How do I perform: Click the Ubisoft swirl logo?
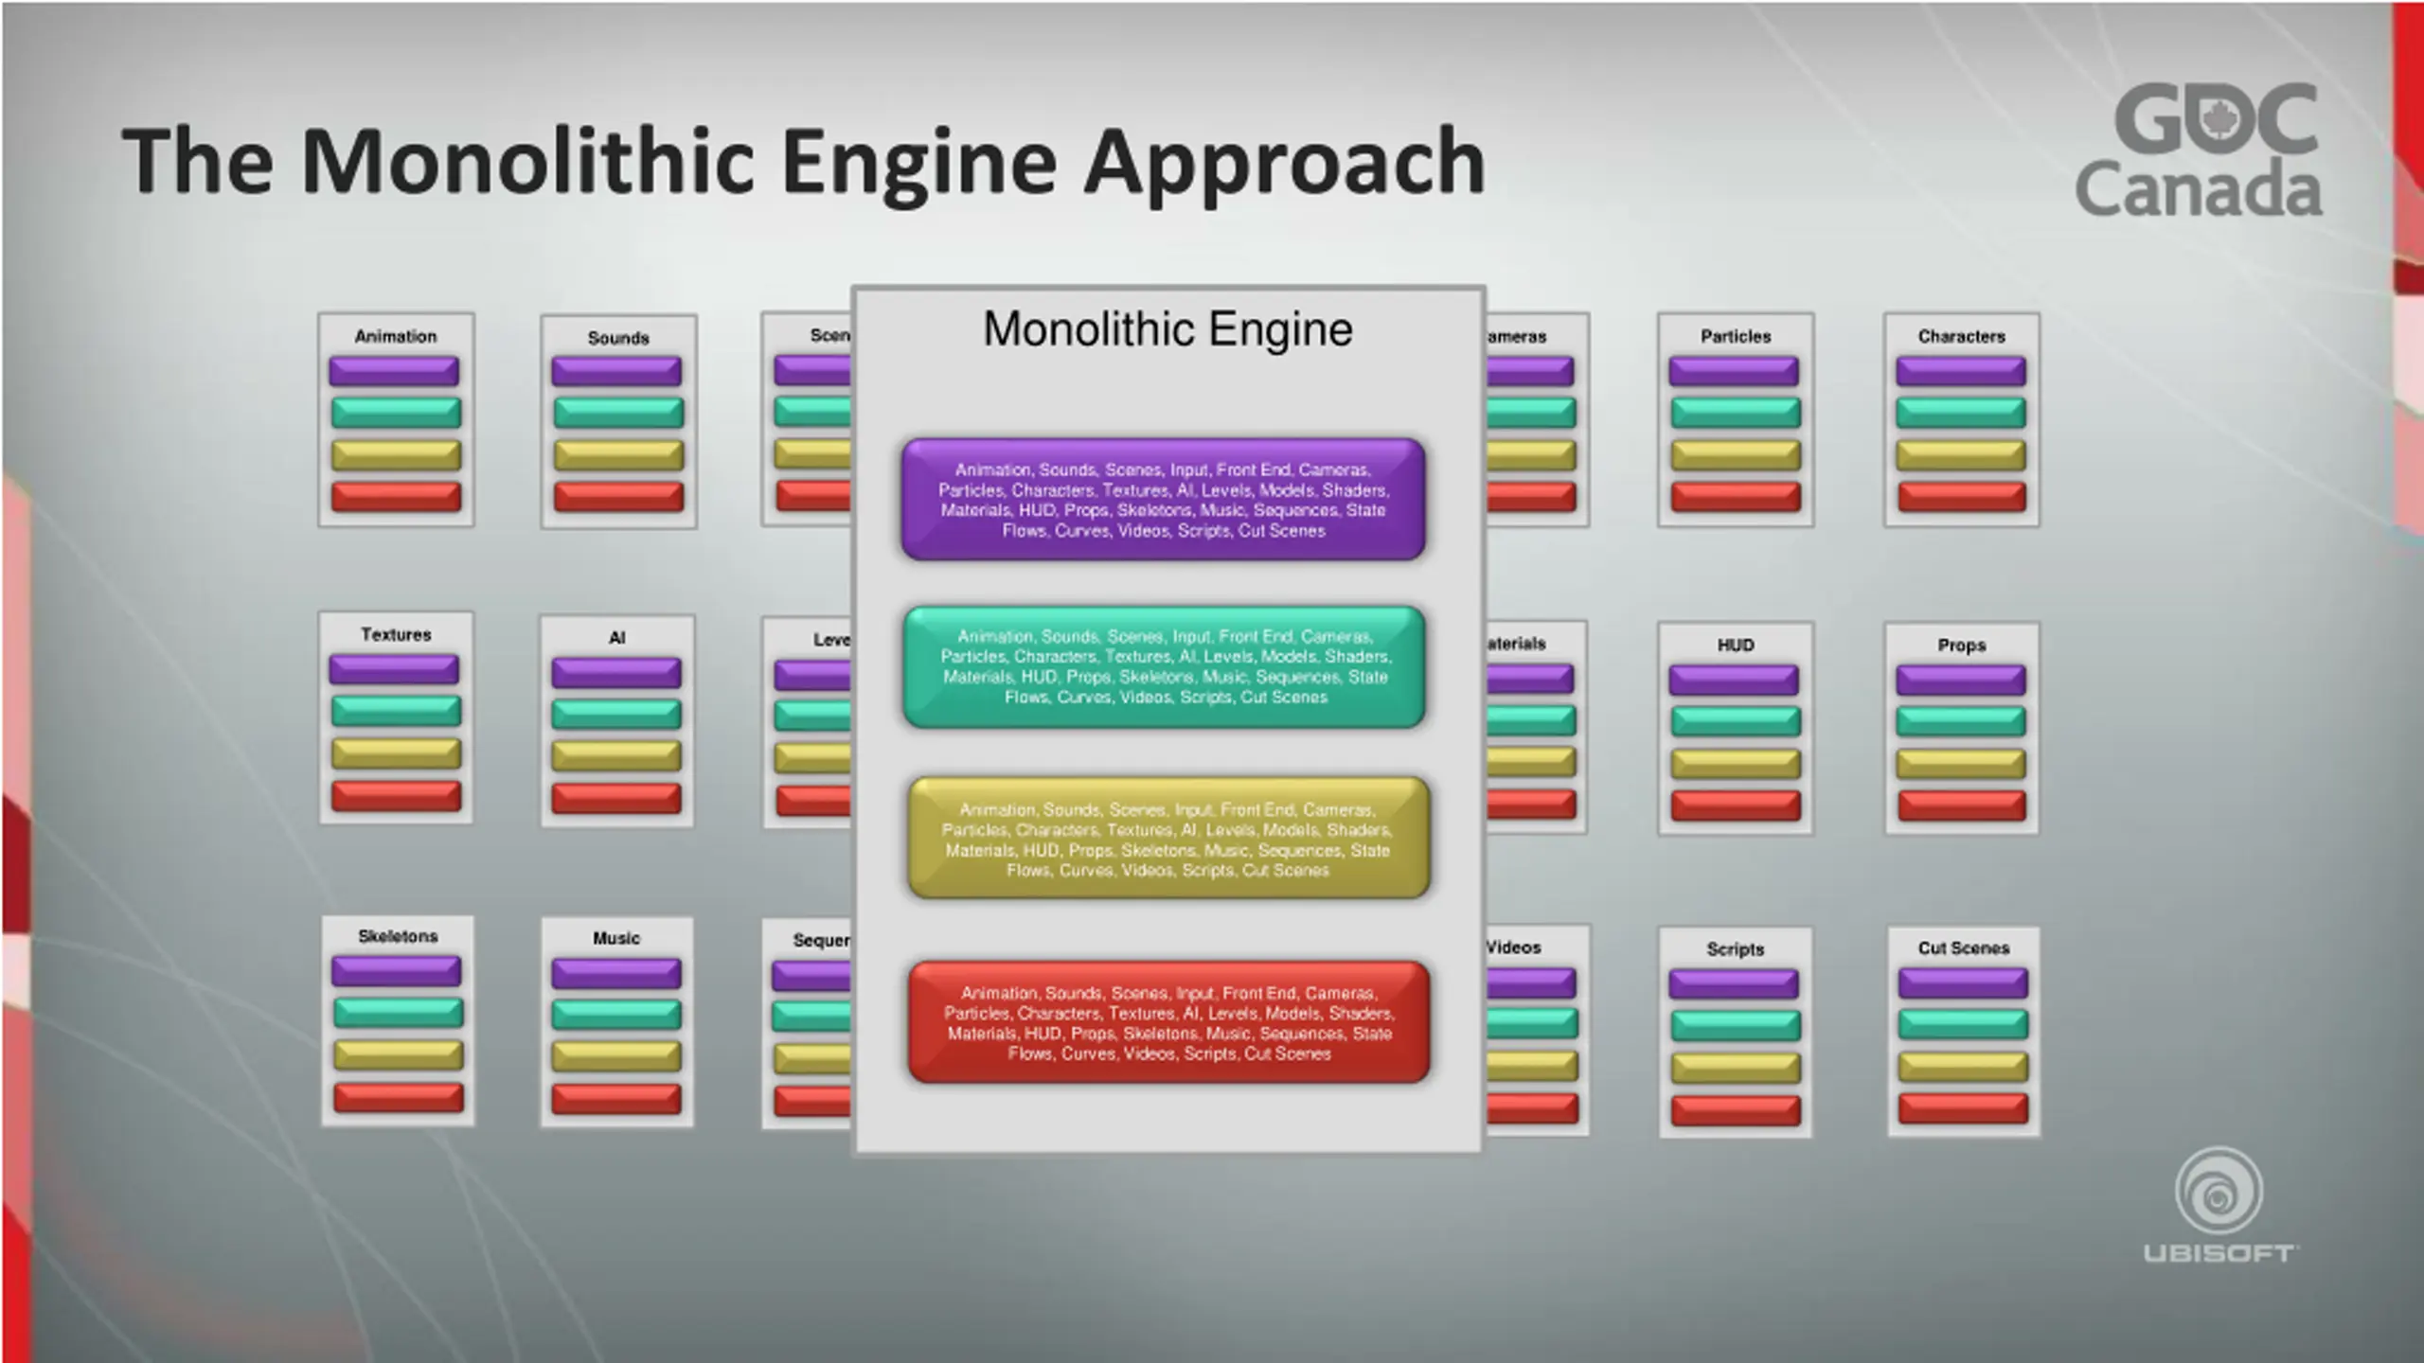pyautogui.click(x=2219, y=1193)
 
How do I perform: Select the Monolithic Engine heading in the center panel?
pyautogui.click(x=1167, y=329)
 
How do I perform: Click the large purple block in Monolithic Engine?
pyautogui.click(x=1164, y=499)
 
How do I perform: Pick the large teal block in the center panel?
pyautogui.click(x=1164, y=666)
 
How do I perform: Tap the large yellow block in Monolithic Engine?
pyautogui.click(x=1167, y=839)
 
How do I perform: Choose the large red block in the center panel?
pyautogui.click(x=1168, y=1022)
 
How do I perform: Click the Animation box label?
pyautogui.click(x=396, y=336)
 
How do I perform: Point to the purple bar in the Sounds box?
pyautogui.click(x=616, y=371)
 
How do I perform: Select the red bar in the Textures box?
pyautogui.click(x=396, y=796)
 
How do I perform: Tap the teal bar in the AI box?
pyautogui.click(x=616, y=714)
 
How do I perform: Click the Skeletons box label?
pyautogui.click(x=398, y=936)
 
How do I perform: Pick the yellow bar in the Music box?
pyautogui.click(x=616, y=1056)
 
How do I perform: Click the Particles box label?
pyautogui.click(x=1735, y=336)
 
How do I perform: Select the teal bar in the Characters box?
pyautogui.click(x=1960, y=413)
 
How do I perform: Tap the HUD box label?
pyautogui.click(x=1735, y=645)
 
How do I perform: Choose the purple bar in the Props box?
pyautogui.click(x=1960, y=680)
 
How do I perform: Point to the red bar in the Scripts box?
pyautogui.click(x=1735, y=1110)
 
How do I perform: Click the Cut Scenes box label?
pyautogui.click(x=1963, y=947)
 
